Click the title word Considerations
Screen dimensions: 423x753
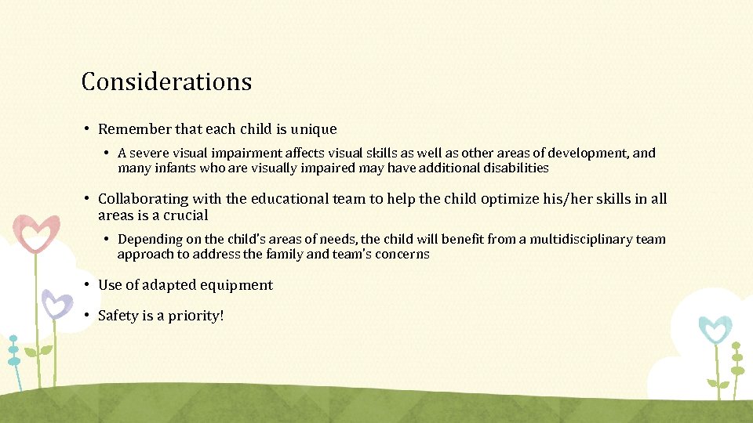click(x=166, y=81)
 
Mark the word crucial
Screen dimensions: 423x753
click(x=186, y=215)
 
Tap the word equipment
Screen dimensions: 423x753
click(x=237, y=285)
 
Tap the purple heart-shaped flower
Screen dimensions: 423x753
click(x=56, y=303)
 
